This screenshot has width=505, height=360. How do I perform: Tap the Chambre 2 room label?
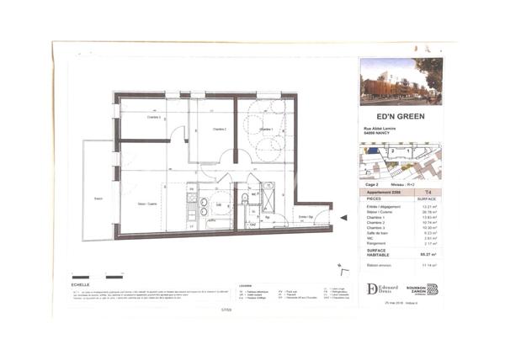click(220, 130)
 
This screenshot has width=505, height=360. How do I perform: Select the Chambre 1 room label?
click(266, 129)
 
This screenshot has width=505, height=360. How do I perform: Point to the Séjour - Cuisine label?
click(148, 204)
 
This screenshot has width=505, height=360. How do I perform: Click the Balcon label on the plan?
click(98, 199)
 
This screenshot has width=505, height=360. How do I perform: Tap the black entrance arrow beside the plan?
click(343, 218)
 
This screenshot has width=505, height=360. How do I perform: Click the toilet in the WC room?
click(244, 199)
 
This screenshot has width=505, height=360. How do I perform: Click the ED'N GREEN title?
click(400, 116)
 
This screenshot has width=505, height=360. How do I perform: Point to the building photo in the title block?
click(400, 81)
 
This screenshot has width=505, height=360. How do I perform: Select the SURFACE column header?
click(427, 199)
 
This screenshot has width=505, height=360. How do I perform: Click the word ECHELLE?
click(82, 285)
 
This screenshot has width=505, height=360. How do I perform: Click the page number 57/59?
click(225, 309)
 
